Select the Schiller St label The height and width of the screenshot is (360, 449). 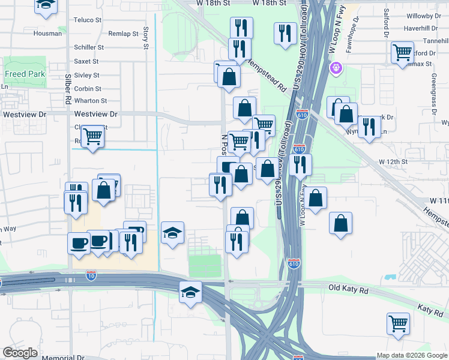point(89,47)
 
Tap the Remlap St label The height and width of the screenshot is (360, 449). point(124,34)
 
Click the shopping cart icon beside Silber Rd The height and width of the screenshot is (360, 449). point(92,137)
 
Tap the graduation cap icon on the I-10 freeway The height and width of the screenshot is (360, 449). point(190,292)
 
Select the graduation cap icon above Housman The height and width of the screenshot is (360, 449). point(46,5)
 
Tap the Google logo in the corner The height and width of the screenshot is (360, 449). point(20,353)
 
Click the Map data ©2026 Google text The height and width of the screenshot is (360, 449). point(412,356)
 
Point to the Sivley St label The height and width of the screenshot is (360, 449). point(87,75)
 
